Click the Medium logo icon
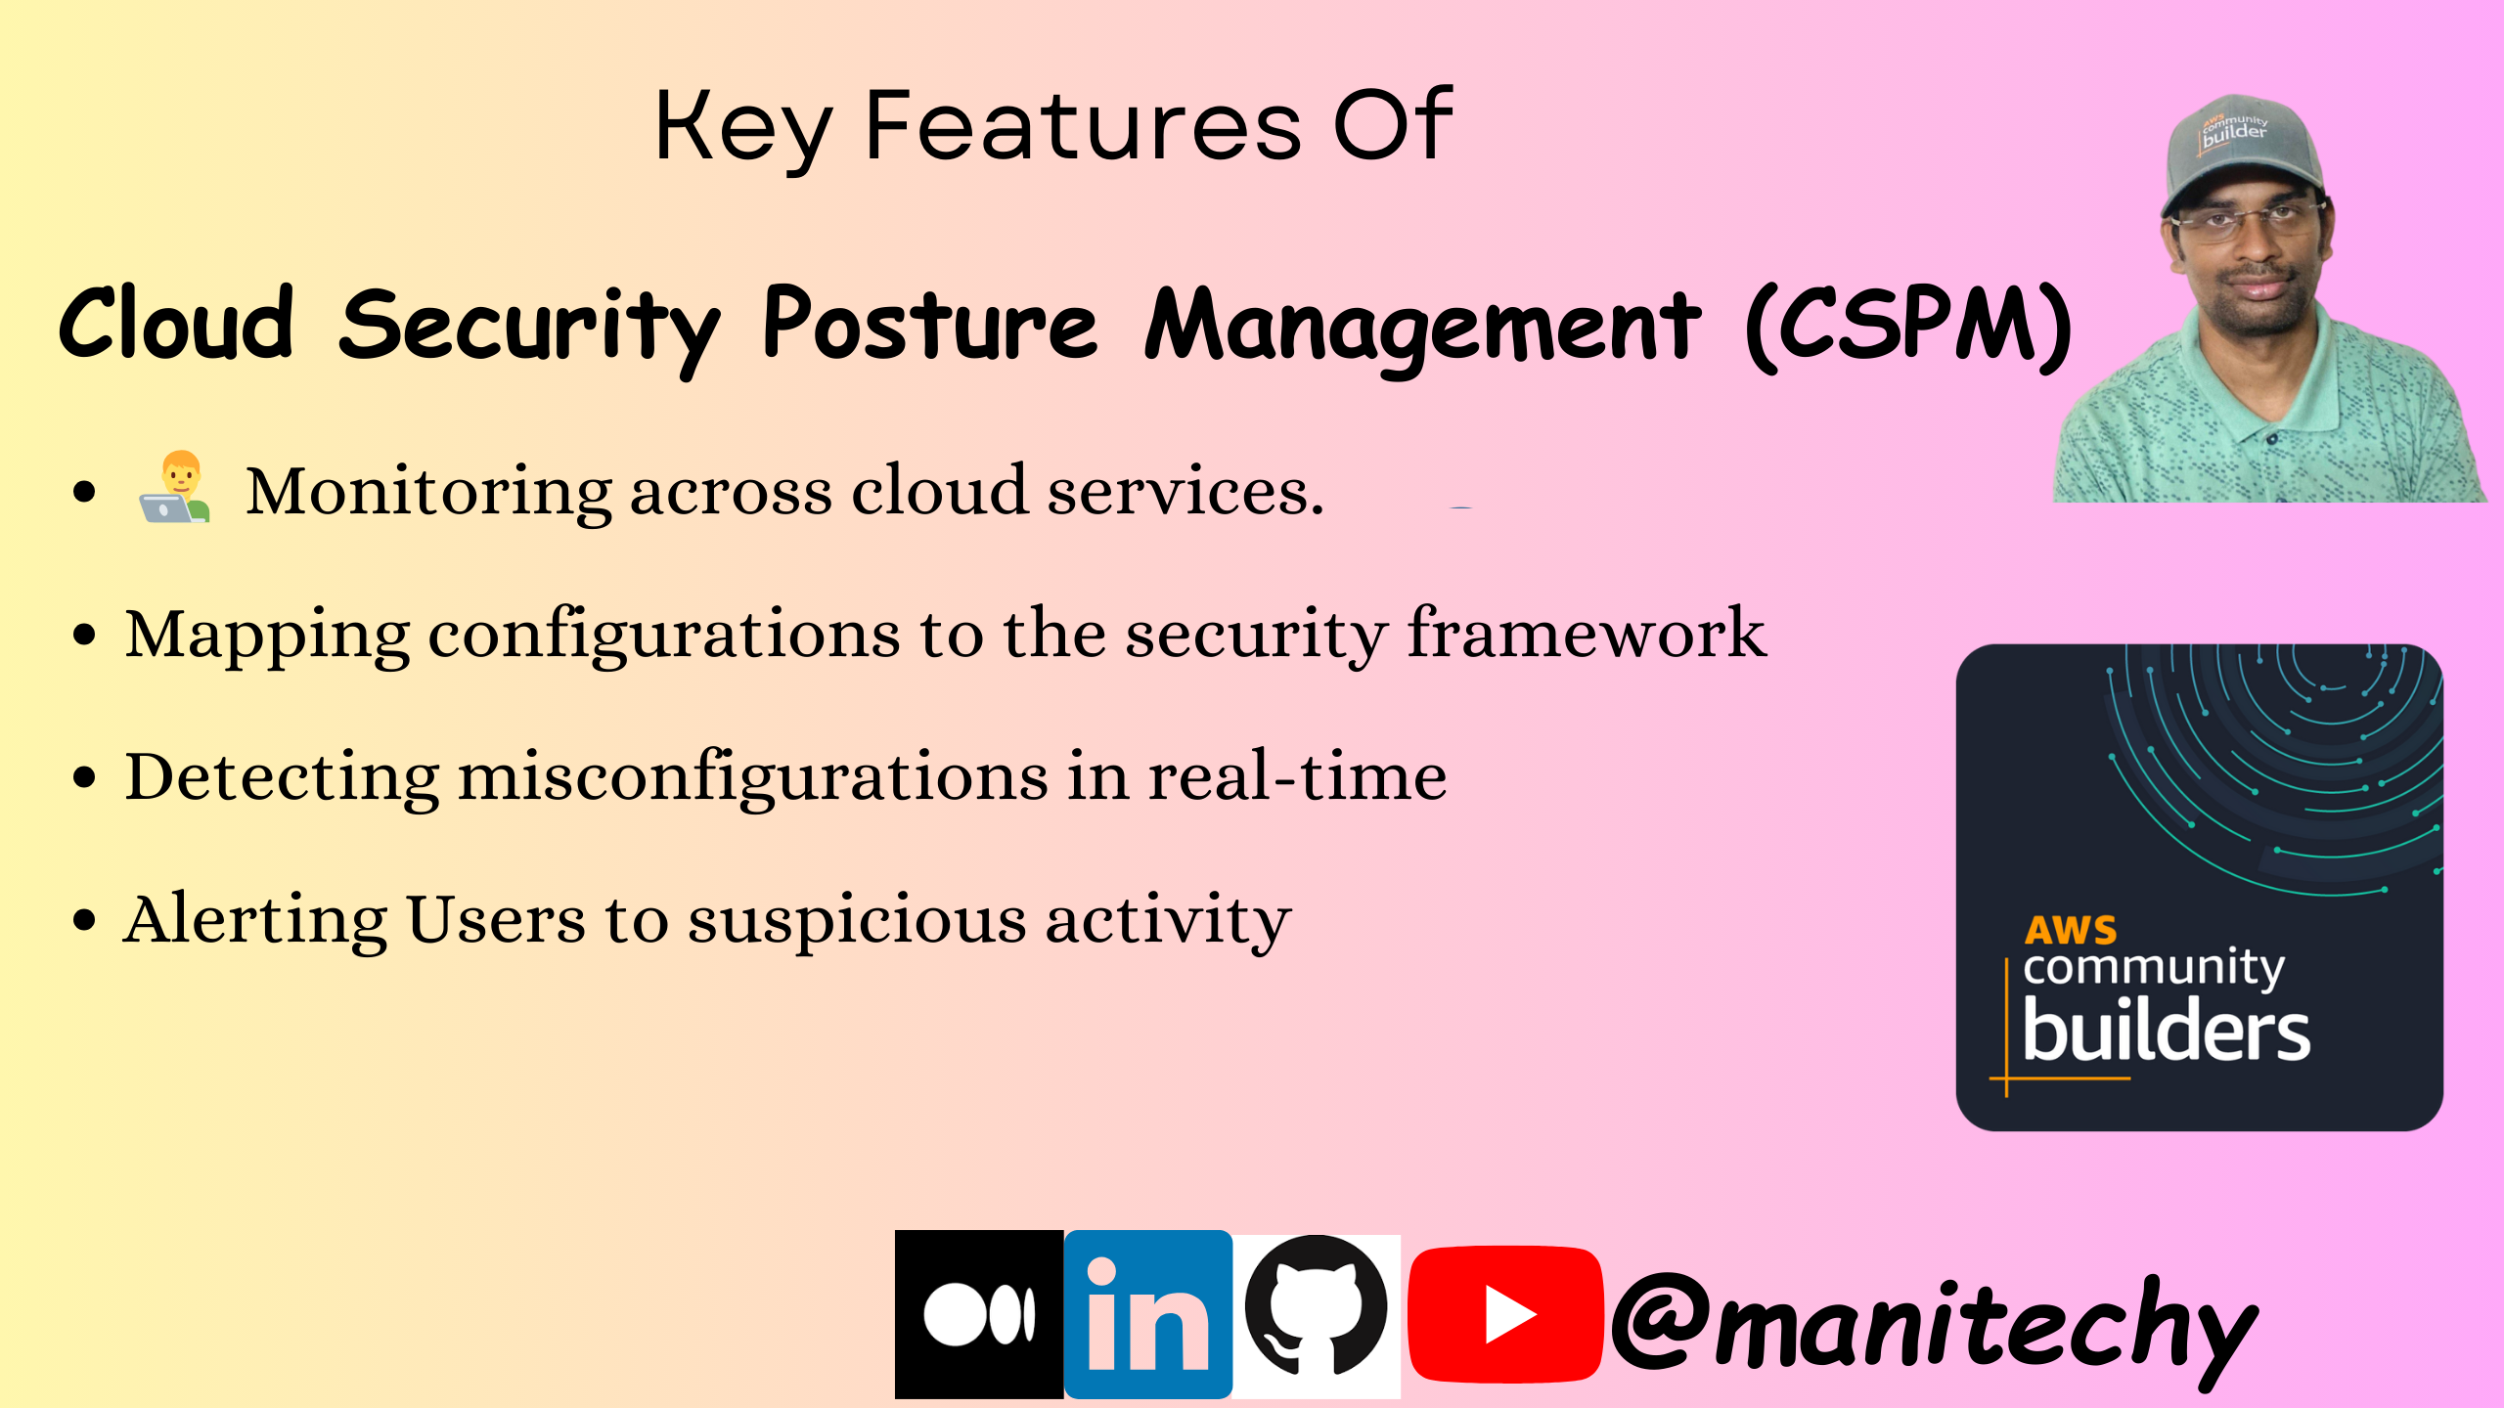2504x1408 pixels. click(979, 1314)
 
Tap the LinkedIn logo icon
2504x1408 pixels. click(1148, 1314)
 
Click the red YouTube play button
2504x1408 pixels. click(1505, 1314)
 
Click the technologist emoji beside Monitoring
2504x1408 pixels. click(175, 487)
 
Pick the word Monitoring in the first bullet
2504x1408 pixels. click(428, 492)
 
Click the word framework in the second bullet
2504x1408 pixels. click(1587, 634)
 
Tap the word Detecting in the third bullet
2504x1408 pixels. click(283, 778)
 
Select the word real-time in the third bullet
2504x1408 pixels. click(1297, 776)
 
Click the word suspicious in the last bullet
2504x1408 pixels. click(857, 920)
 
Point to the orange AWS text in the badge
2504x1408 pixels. click(2071, 929)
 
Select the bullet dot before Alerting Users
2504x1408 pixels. click(85, 920)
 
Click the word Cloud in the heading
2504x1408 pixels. click(176, 323)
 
